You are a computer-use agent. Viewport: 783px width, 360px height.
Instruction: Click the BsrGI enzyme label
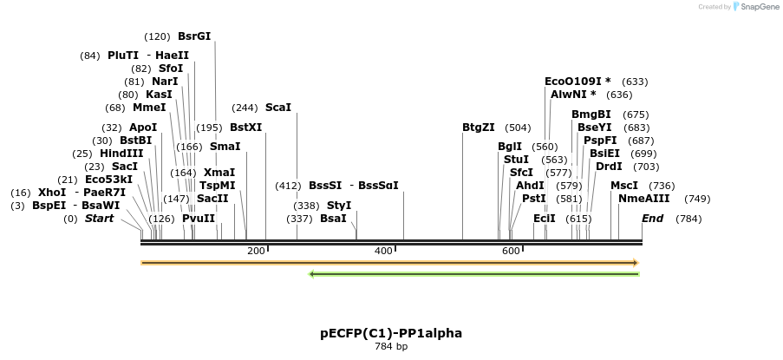(193, 36)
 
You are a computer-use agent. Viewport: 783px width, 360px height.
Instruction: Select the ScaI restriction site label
(277, 108)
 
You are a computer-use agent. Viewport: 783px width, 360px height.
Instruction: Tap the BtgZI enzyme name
(479, 128)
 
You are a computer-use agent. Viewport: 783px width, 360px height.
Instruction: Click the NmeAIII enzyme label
(643, 198)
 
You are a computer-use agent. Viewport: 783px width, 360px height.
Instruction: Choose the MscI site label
(624, 185)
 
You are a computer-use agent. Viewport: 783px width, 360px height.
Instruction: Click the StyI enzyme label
(339, 206)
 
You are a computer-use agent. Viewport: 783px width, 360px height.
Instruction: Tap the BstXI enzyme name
(245, 128)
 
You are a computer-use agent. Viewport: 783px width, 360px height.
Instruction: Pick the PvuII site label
(199, 219)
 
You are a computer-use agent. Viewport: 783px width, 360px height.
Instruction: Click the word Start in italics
(99, 219)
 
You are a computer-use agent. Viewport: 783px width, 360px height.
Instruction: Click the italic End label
(652, 219)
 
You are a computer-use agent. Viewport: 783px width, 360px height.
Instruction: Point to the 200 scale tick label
(256, 251)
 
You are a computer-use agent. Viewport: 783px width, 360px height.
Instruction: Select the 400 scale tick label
(383, 251)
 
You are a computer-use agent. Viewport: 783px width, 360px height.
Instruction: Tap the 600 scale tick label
(511, 251)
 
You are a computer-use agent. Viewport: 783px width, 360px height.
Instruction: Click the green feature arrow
(473, 274)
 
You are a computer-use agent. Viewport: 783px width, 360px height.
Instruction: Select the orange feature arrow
(389, 262)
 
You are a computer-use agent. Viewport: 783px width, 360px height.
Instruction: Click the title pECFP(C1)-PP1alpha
(391, 333)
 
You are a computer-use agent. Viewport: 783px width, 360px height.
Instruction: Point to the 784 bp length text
(391, 346)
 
